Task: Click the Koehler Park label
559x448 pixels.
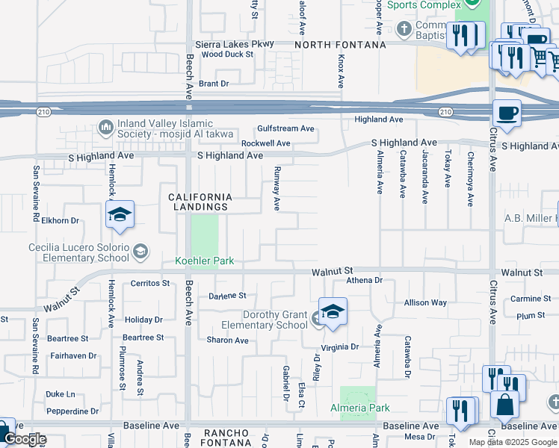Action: [205, 261]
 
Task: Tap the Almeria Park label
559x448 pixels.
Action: [360, 408]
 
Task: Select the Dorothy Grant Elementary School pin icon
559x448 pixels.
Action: [333, 311]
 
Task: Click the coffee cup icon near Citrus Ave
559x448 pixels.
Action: [507, 113]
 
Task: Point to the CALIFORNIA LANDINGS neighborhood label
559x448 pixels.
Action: [199, 202]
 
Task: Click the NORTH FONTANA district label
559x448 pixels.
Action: [340, 45]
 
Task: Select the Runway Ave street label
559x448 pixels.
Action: [277, 187]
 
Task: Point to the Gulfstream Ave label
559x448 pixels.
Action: [285, 128]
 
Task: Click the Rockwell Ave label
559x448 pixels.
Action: [265, 143]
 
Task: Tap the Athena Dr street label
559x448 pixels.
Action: [364, 281]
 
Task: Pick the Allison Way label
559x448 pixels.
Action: [425, 302]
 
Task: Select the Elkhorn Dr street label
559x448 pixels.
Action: [61, 220]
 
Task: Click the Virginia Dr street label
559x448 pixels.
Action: [340, 346]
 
